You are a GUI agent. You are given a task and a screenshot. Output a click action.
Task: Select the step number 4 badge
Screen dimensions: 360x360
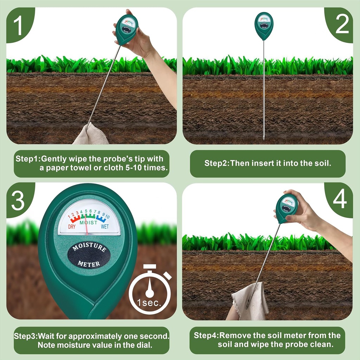[340, 200]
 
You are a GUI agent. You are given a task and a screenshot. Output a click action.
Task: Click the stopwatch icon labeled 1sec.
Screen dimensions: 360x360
[150, 290]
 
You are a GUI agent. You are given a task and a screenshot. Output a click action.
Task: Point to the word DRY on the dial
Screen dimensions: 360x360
[72, 227]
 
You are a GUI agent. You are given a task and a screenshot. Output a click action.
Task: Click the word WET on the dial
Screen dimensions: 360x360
[105, 227]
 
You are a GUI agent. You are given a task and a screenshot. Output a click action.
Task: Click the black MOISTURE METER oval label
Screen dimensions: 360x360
[89, 255]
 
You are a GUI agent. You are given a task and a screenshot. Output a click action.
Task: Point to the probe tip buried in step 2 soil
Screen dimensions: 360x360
[264, 137]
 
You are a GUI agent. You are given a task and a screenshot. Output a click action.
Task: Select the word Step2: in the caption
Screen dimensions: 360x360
[217, 163]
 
